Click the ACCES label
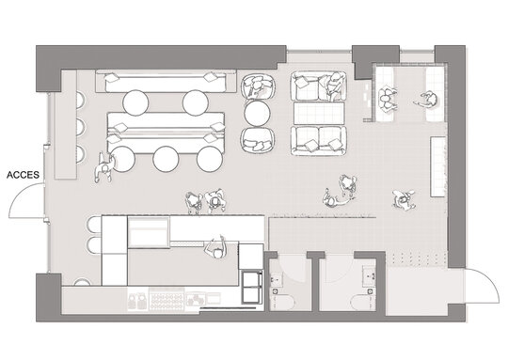point(23,175)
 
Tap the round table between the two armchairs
point(257,114)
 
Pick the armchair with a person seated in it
point(258,86)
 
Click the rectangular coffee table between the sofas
point(319,114)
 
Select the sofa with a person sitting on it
point(319,86)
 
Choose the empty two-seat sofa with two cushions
point(319,141)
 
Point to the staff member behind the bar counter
point(216,247)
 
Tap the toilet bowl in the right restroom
point(363,302)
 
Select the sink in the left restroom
point(277,278)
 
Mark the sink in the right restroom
point(370,275)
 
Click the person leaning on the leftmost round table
point(104,167)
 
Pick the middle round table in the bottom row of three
point(166,159)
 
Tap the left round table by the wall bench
point(135,102)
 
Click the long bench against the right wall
point(437,166)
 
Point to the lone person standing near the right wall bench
point(404,200)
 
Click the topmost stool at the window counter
point(81,100)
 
